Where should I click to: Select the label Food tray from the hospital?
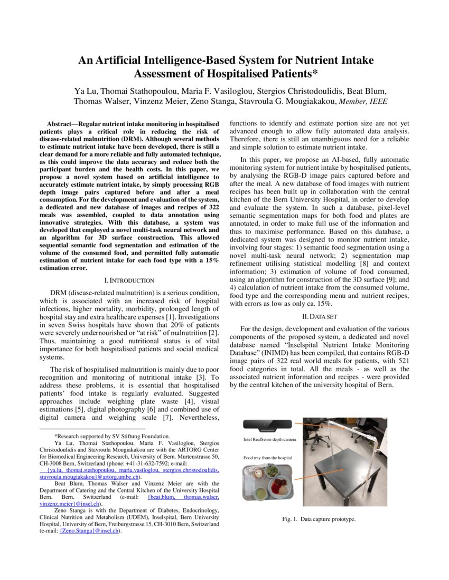click(267, 458)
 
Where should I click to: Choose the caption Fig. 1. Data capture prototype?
click(319, 519)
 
